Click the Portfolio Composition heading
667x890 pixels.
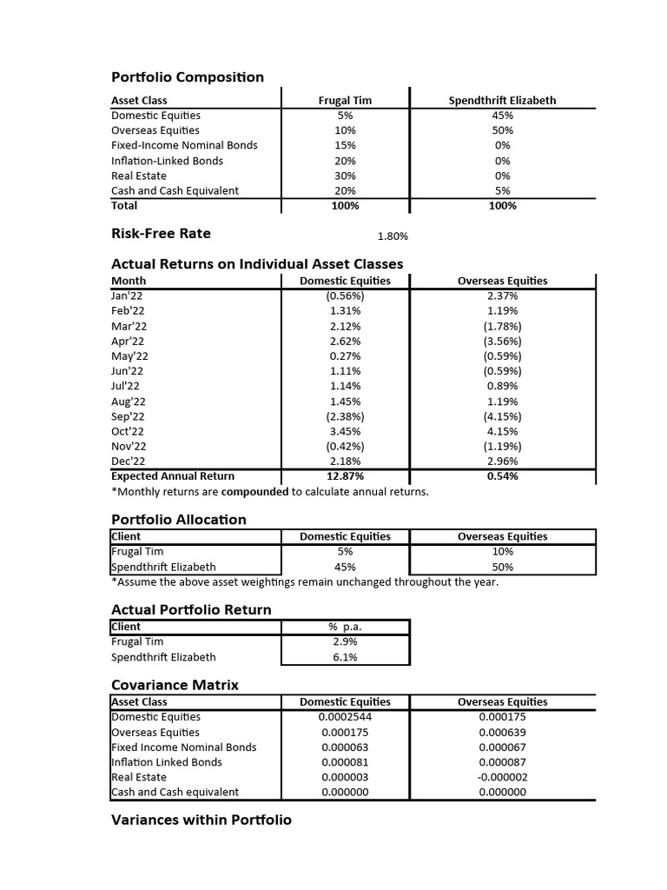coord(188,77)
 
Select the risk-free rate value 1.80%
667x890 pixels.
coord(393,236)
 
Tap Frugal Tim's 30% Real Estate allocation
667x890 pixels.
coord(345,176)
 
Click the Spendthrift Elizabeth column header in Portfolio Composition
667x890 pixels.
coord(502,100)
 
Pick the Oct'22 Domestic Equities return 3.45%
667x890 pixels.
coord(345,431)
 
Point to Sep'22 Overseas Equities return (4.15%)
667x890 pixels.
coord(502,416)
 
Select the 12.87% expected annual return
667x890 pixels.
coord(345,476)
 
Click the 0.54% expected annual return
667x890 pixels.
coord(502,476)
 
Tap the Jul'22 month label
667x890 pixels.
coord(126,386)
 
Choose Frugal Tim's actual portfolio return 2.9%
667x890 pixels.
coord(345,641)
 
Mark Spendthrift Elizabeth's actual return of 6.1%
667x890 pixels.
coord(345,657)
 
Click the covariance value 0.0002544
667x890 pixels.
coord(345,717)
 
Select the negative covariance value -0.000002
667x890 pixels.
coord(502,777)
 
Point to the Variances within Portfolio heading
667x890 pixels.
coord(201,820)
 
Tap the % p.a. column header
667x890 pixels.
coord(345,627)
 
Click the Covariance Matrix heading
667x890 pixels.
coord(175,685)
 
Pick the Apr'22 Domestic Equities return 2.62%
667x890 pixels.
coord(345,341)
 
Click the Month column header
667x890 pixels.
coord(129,281)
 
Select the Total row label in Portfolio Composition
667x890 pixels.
coord(124,206)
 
